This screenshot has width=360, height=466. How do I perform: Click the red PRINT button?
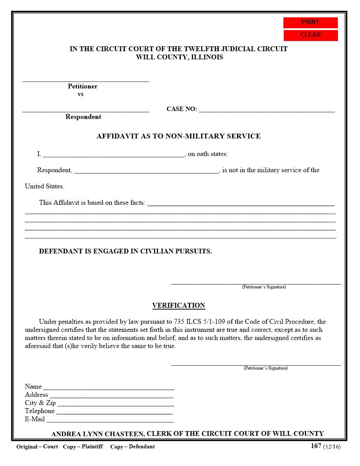tap(310, 23)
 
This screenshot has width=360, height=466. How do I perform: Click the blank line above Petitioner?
tap(86, 80)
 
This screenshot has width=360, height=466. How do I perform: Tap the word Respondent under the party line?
tap(83, 117)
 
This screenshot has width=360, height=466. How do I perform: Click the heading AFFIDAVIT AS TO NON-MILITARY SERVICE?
tap(178, 136)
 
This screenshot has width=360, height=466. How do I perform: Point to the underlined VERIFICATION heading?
tap(178, 305)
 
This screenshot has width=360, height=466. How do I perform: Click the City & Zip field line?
tap(116, 404)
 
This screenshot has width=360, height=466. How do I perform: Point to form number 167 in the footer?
tap(316, 446)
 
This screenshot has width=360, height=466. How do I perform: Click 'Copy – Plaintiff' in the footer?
tap(83, 447)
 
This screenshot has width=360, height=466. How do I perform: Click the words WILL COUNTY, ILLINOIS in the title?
tap(179, 57)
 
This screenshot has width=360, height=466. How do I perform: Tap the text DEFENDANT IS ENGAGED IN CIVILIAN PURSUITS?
tap(125, 252)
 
